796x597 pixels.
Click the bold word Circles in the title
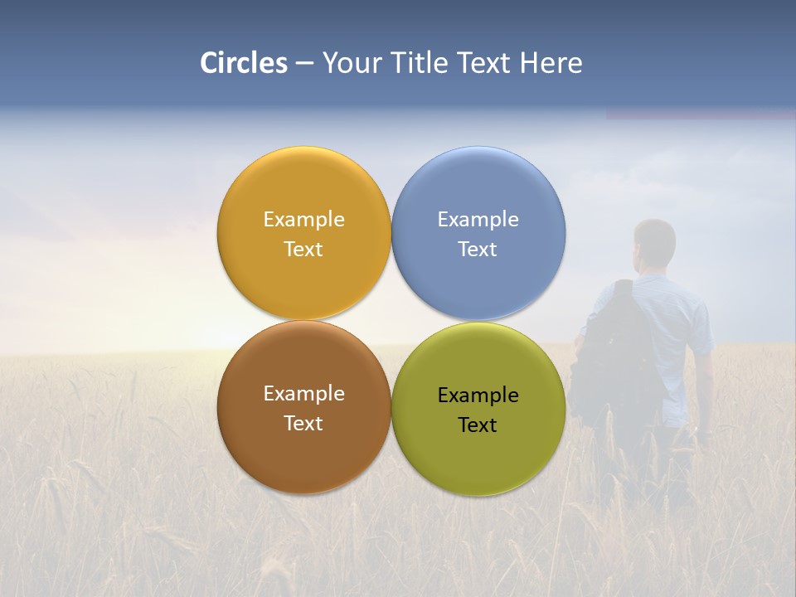pos(243,63)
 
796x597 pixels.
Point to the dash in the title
pos(304,64)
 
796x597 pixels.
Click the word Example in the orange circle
pos(303,220)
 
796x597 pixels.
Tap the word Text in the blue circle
pos(478,250)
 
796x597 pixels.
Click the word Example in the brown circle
pos(303,394)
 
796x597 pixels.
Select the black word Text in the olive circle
pos(478,425)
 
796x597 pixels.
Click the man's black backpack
pos(614,348)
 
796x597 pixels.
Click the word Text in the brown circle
pos(303,424)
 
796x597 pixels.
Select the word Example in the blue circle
pos(478,220)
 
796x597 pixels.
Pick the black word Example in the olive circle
pos(478,396)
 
